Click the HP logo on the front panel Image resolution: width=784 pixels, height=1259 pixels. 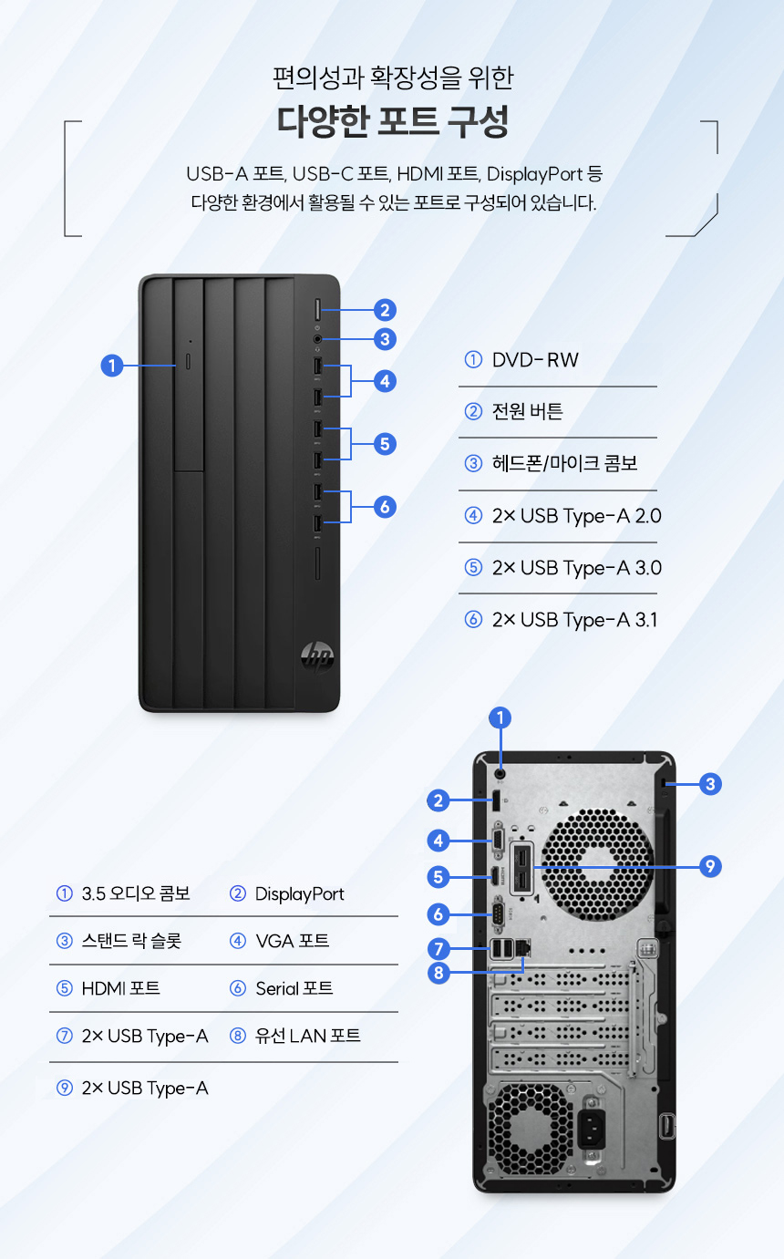click(317, 655)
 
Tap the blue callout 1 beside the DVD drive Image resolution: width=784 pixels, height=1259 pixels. click(112, 366)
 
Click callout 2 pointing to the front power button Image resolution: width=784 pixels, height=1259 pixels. click(385, 310)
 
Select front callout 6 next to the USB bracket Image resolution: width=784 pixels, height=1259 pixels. click(385, 506)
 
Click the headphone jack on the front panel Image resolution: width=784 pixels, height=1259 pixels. click(317, 339)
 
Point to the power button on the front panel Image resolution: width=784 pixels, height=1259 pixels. click(317, 310)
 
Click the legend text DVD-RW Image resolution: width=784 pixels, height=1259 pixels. click(535, 360)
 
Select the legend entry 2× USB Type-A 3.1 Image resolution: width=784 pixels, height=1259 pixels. click(574, 619)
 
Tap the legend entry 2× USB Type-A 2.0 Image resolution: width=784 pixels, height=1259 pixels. click(577, 515)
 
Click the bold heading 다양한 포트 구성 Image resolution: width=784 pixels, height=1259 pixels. click(393, 121)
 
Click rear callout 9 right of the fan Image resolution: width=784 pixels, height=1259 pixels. click(710, 866)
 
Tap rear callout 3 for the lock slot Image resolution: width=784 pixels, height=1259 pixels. click(710, 783)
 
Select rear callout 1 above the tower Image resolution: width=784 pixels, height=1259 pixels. click(500, 717)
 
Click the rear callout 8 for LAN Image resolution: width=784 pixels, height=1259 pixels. click(438, 973)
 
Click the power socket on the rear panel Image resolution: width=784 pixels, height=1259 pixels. click(593, 1128)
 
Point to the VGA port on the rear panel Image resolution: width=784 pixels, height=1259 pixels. click(498, 841)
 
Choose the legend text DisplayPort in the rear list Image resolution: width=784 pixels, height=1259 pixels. click(300, 893)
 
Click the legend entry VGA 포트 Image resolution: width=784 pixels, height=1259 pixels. click(293, 940)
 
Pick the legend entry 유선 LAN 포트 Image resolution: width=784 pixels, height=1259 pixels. click(307, 1036)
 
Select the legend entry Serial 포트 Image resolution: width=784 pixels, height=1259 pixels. click(294, 988)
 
